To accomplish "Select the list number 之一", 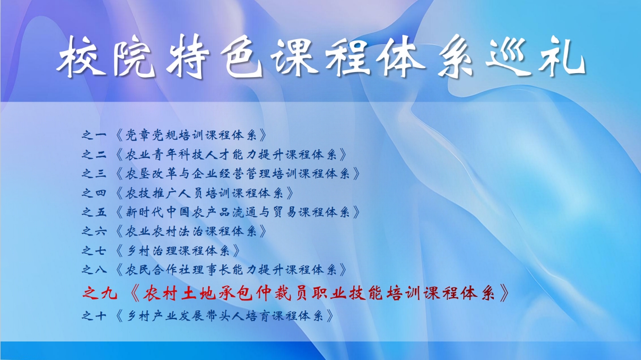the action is pos(94,135).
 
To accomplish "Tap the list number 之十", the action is pos(94,316).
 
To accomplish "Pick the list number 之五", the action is pos(94,212).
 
